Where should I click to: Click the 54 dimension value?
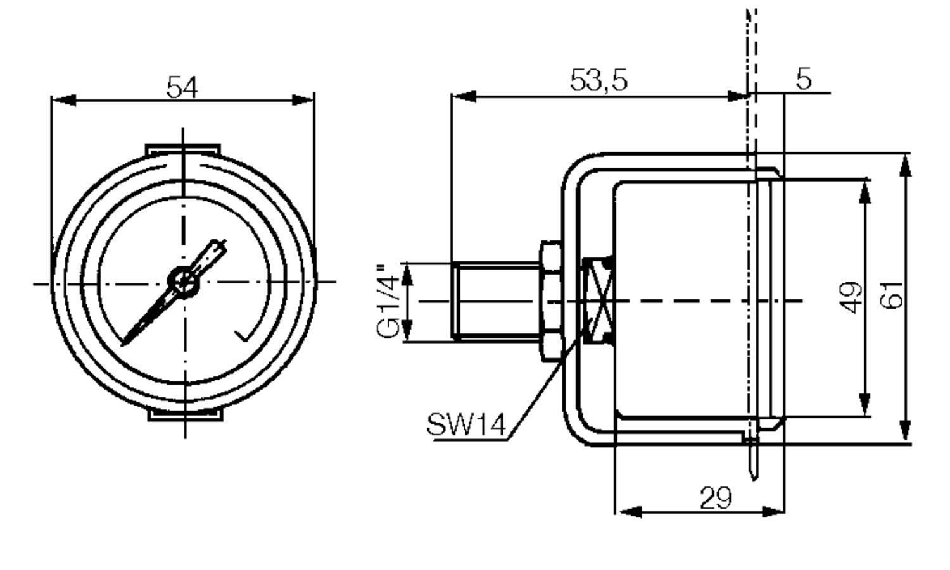[x=182, y=87]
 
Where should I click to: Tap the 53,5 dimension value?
[x=598, y=80]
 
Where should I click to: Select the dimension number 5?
[x=804, y=78]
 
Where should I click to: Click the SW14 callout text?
[x=466, y=424]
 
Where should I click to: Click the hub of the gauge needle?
[x=184, y=282]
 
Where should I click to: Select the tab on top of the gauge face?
[x=183, y=149]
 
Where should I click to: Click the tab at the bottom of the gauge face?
[x=186, y=415]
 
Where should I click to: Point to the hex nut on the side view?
[x=552, y=301]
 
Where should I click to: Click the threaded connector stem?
[x=496, y=301]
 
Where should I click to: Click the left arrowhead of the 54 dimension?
[x=63, y=101]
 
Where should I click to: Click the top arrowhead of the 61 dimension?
[x=906, y=166]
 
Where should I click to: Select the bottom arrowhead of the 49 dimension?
[x=864, y=404]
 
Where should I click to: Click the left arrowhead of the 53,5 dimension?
[x=464, y=97]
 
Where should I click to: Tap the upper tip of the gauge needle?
[x=222, y=242]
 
